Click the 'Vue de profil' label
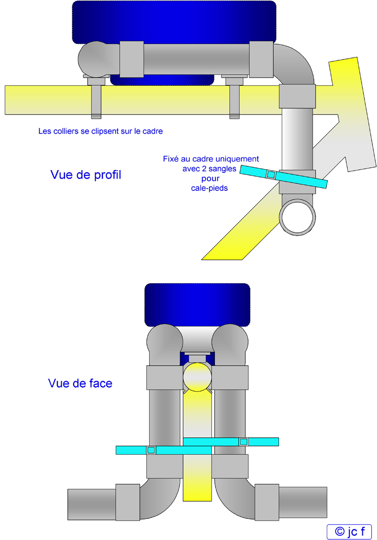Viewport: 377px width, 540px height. [x=86, y=175]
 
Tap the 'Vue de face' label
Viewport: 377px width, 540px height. [x=80, y=383]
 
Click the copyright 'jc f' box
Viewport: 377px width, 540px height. [x=349, y=532]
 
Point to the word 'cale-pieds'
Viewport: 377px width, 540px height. [x=209, y=188]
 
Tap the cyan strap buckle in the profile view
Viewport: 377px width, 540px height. [x=271, y=175]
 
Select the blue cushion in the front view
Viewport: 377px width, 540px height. [x=197, y=305]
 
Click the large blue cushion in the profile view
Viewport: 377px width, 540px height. [x=174, y=23]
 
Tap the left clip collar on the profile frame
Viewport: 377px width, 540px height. [x=96, y=97]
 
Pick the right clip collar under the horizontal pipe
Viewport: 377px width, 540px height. [x=235, y=97]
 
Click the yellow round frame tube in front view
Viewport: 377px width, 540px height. [x=197, y=377]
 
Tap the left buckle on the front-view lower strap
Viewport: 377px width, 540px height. [x=151, y=450]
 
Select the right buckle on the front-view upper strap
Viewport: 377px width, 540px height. [x=244, y=442]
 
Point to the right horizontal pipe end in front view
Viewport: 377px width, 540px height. [x=303, y=502]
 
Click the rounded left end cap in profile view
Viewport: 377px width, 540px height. [x=92, y=59]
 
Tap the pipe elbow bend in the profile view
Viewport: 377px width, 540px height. [x=295, y=64]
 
